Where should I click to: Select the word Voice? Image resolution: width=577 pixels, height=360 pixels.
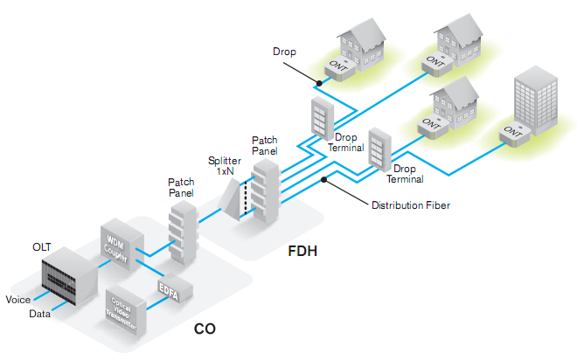(18, 300)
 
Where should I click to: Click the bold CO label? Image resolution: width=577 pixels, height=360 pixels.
(205, 330)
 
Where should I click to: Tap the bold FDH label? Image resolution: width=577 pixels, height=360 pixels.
(303, 253)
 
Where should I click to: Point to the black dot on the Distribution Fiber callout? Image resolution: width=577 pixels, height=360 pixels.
(325, 181)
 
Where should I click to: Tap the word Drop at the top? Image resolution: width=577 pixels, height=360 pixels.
(284, 52)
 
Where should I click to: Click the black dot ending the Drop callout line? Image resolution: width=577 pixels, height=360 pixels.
(321, 83)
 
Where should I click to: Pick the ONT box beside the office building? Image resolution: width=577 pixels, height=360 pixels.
(512, 134)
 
